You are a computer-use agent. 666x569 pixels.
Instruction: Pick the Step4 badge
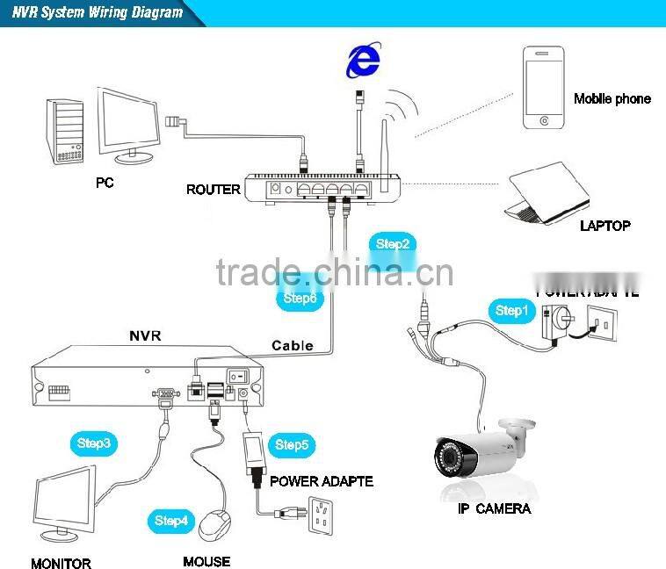click(171, 521)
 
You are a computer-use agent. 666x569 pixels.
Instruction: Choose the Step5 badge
click(292, 445)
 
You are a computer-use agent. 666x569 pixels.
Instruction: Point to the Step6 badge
click(299, 298)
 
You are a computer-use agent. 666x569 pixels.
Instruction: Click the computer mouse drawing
click(215, 525)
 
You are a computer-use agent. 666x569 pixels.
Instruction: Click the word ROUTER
click(213, 189)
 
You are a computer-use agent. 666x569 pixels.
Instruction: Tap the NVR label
click(145, 335)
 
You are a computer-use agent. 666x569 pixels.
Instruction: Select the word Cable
click(292, 345)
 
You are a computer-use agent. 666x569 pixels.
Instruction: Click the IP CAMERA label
click(494, 508)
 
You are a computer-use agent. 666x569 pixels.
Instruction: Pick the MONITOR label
click(61, 563)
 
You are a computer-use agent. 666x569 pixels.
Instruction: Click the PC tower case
click(68, 131)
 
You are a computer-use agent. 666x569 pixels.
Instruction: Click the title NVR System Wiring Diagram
click(98, 12)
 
